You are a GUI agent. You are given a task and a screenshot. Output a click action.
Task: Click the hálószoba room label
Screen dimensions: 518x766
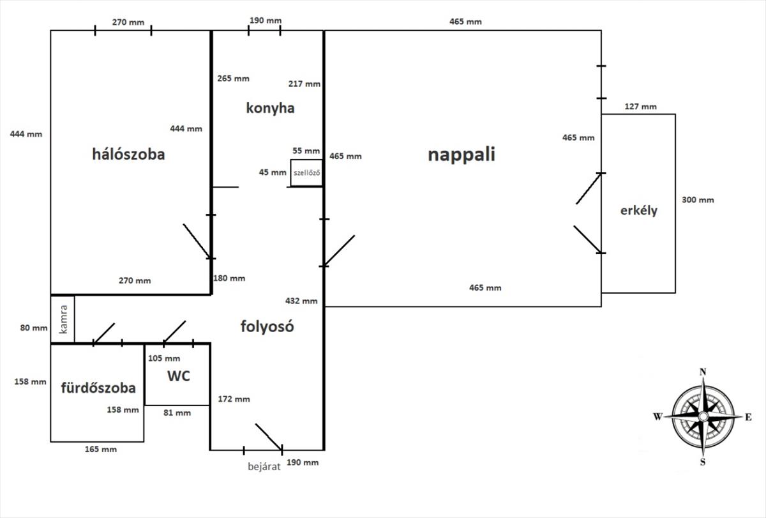tap(128, 154)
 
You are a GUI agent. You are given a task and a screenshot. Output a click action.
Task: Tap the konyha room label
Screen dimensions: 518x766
tap(270, 108)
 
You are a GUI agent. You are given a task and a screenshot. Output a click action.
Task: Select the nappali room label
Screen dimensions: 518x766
tap(462, 155)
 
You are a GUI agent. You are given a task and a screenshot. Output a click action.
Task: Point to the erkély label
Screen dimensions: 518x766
tap(638, 210)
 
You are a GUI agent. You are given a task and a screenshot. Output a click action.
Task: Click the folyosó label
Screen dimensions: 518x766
tap(267, 326)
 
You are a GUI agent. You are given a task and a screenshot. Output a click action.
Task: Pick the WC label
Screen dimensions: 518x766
tap(179, 376)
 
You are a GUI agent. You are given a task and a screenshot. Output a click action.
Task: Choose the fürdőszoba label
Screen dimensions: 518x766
tap(98, 388)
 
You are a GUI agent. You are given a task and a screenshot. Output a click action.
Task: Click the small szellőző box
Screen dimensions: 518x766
tap(306, 173)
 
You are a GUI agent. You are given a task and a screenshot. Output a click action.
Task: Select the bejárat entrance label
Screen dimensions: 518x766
tap(264, 466)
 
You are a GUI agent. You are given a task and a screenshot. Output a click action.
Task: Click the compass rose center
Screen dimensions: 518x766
tap(703, 416)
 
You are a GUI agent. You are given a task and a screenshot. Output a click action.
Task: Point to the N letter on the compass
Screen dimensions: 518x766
tap(703, 372)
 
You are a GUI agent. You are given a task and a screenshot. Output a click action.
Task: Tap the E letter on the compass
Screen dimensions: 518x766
tap(747, 417)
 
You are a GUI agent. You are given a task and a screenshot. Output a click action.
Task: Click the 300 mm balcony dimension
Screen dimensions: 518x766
tap(698, 200)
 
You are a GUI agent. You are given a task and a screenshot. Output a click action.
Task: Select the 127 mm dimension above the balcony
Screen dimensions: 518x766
tap(640, 107)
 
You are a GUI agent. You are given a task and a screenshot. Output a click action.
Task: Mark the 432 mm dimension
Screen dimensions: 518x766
tap(302, 301)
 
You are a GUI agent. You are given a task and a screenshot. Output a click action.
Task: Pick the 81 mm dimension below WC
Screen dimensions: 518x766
tap(177, 413)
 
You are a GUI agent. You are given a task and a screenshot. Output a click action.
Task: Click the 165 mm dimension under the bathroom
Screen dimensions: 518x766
tap(101, 449)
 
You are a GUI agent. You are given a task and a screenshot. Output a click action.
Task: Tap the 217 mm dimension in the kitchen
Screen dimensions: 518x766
tap(304, 84)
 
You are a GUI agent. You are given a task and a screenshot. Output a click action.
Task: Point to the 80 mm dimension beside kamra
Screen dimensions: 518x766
tap(34, 328)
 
